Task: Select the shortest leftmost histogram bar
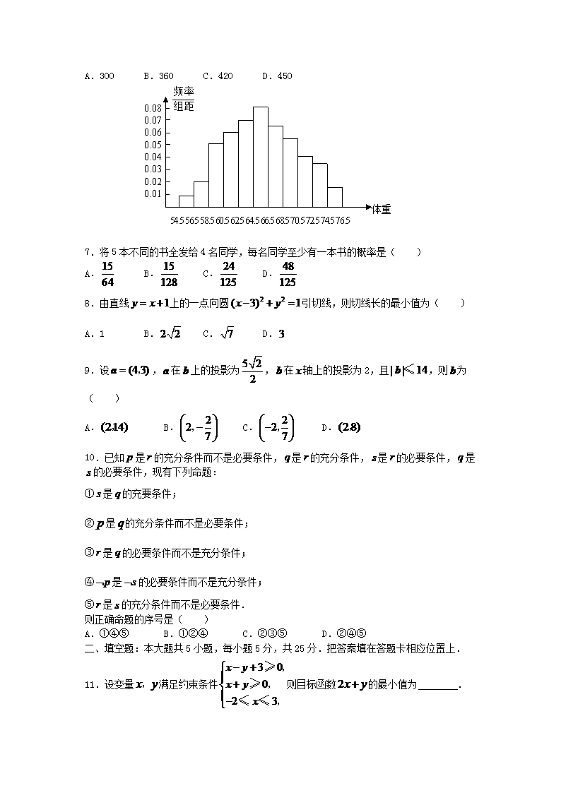tap(186, 201)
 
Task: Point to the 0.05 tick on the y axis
tap(153, 144)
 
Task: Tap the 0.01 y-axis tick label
tap(153, 193)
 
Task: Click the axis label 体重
tap(382, 208)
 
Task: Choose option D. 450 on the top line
tap(276, 76)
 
